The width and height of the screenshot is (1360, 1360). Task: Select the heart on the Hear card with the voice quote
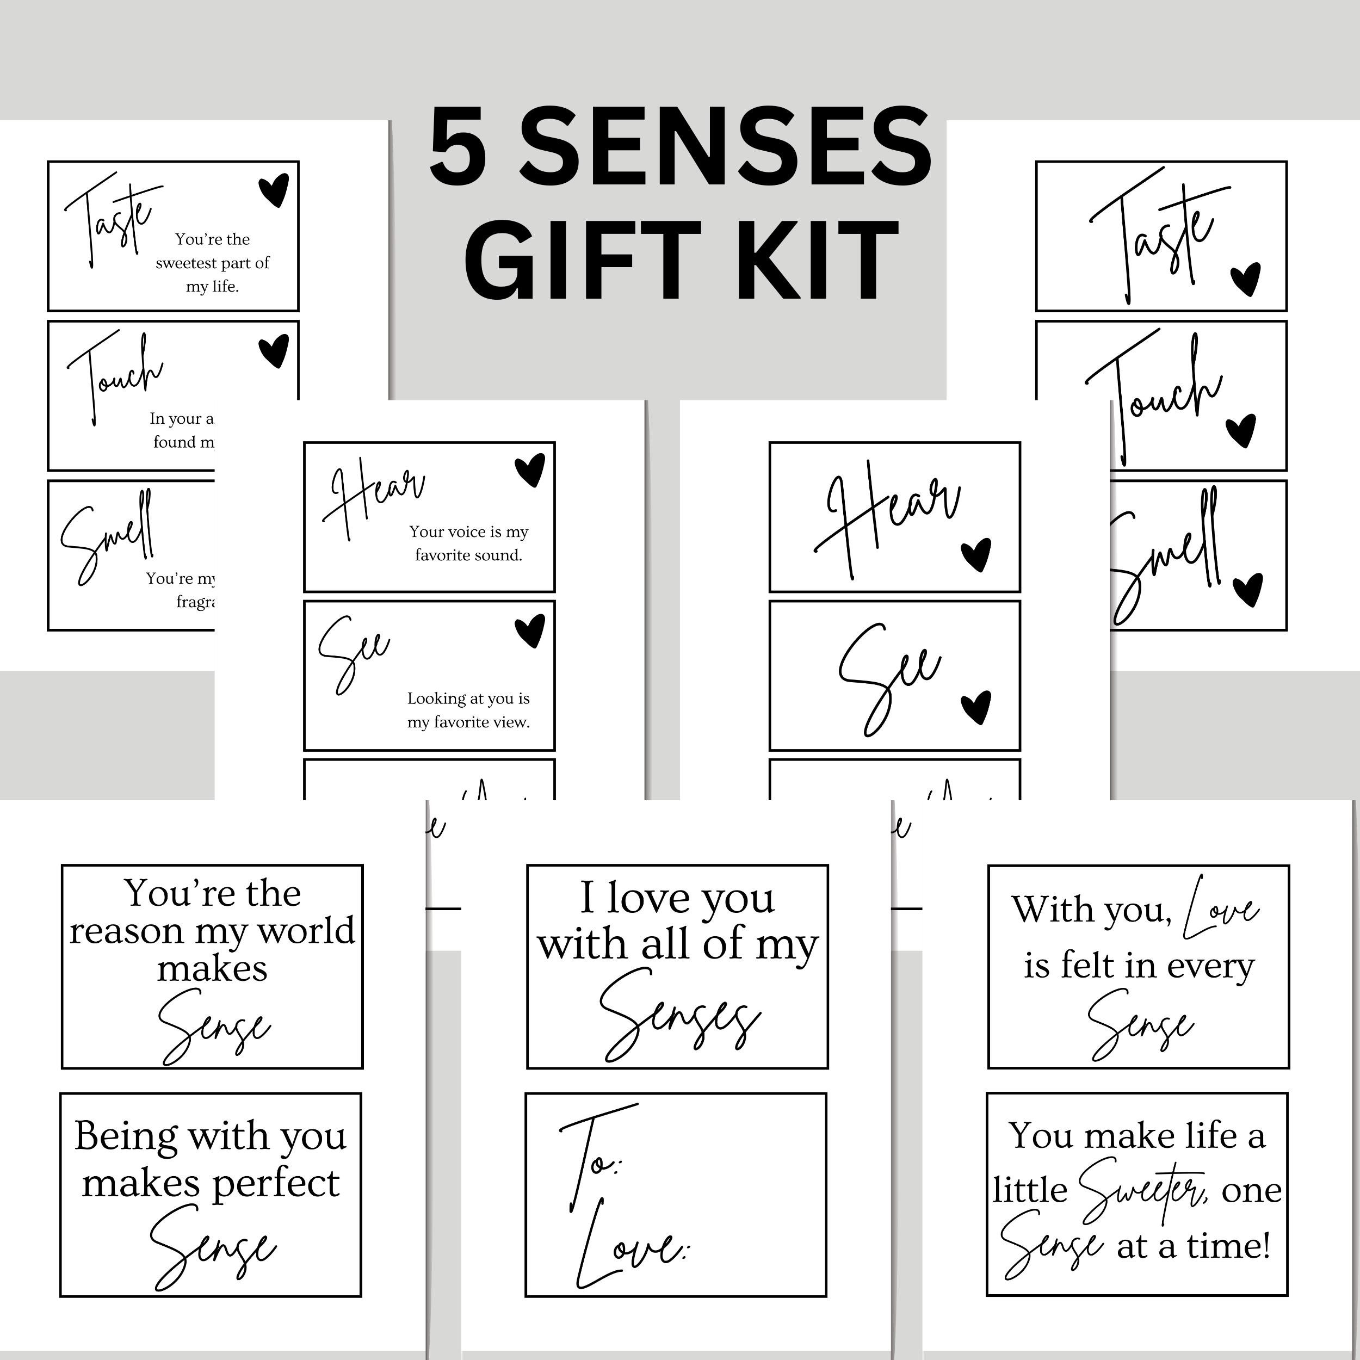click(x=529, y=470)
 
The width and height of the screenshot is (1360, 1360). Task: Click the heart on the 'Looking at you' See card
click(x=529, y=630)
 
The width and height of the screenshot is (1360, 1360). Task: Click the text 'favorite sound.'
click(x=468, y=555)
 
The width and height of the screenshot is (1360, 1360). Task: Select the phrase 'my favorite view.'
click(x=468, y=722)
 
